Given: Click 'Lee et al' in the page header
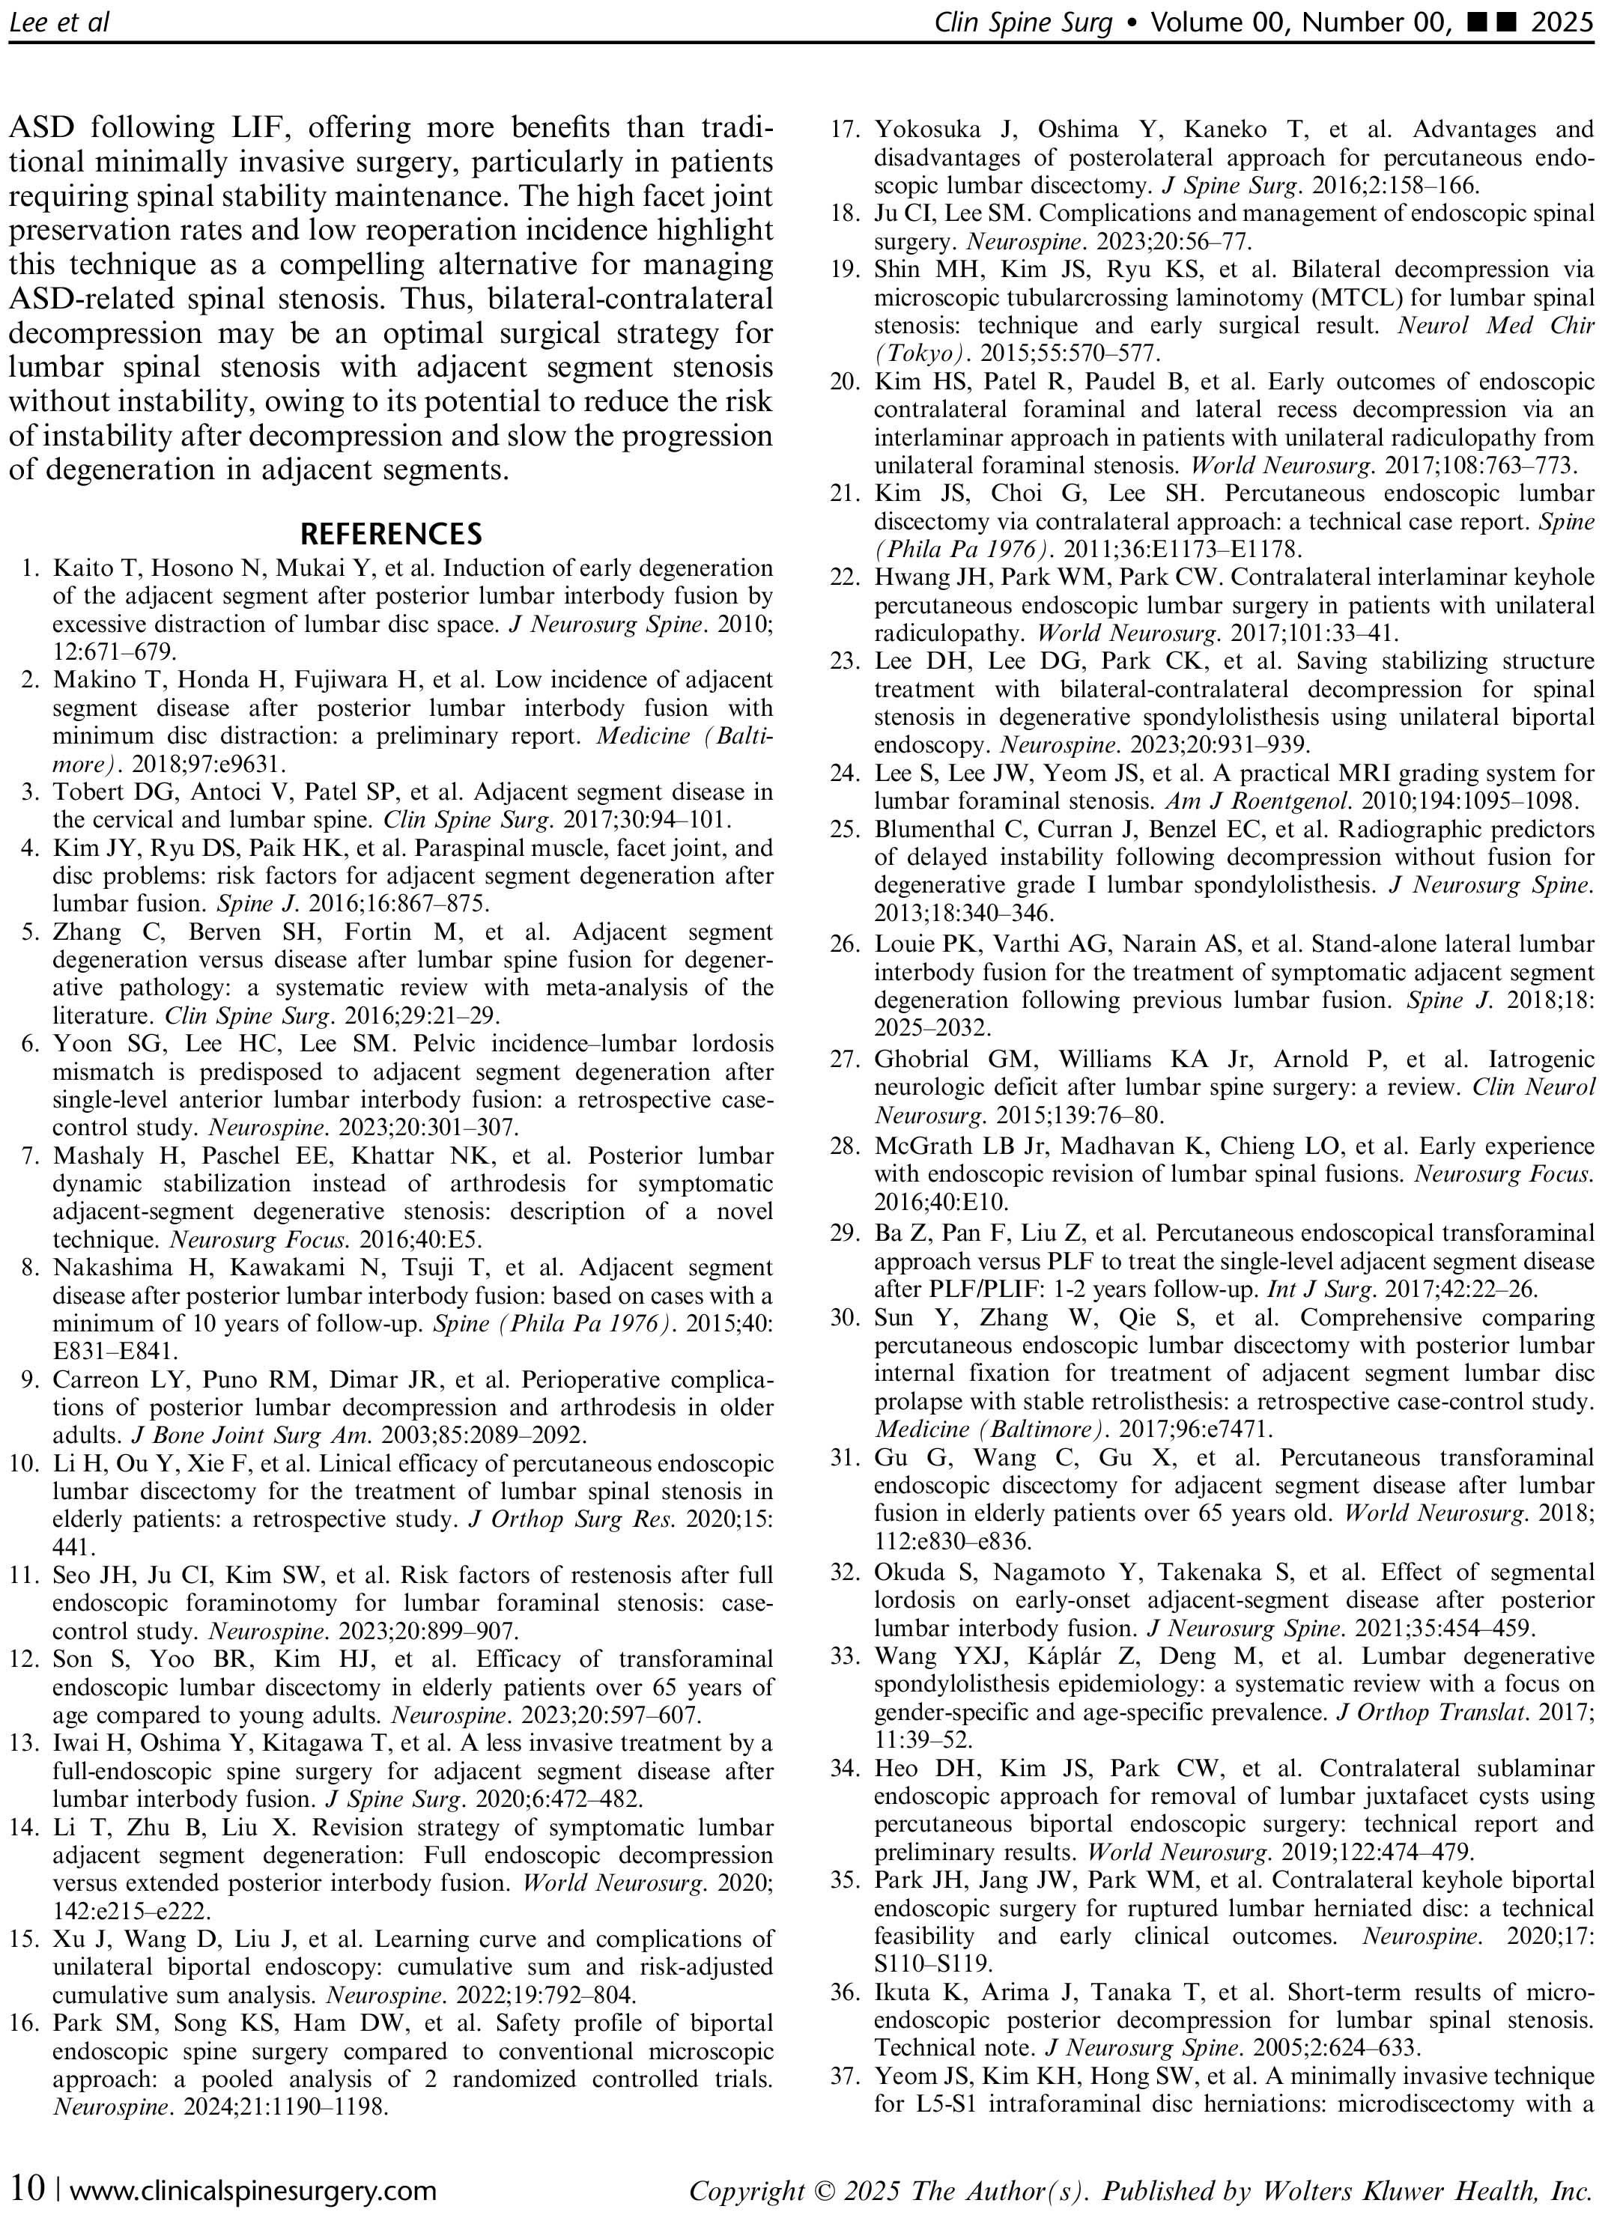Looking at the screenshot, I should point(59,21).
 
